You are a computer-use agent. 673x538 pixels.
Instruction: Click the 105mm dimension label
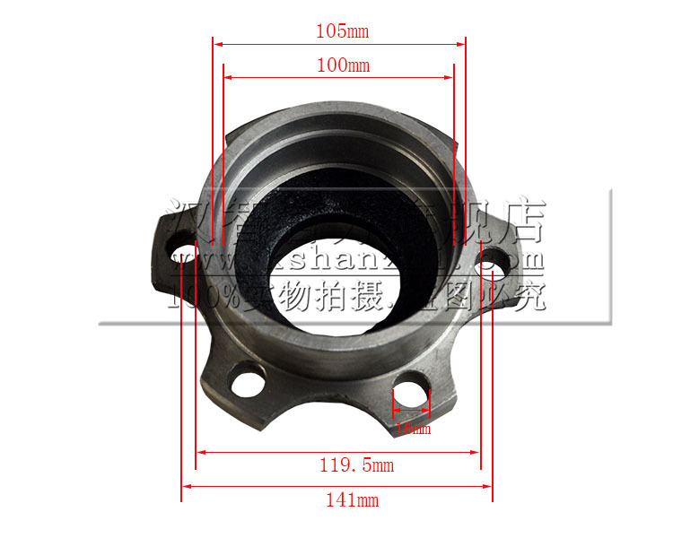[x=342, y=31]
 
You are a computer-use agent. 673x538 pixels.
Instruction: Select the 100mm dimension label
[x=342, y=65]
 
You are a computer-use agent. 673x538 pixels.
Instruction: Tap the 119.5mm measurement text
[x=356, y=465]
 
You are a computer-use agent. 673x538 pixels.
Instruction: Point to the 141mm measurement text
[x=351, y=499]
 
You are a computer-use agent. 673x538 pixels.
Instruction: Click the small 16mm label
[x=413, y=429]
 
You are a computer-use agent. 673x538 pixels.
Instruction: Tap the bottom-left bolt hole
[x=248, y=383]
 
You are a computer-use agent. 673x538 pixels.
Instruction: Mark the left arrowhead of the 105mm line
[x=216, y=42]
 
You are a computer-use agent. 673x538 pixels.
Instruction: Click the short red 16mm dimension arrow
[x=412, y=414]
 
